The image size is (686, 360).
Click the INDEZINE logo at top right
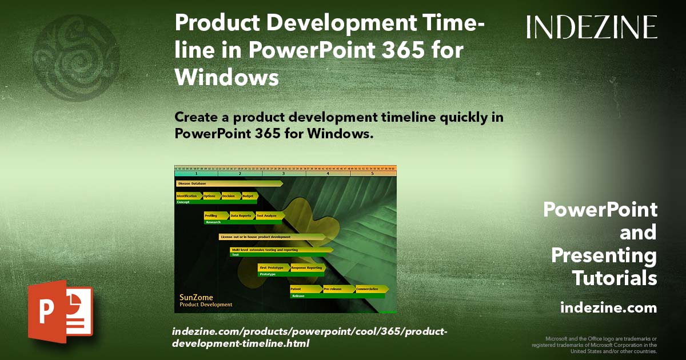[x=592, y=27]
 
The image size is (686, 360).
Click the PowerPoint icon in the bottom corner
[x=60, y=312]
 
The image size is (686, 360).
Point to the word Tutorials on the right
[x=615, y=278]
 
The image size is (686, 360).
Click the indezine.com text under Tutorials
[x=608, y=308]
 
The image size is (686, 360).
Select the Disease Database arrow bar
[x=229, y=183]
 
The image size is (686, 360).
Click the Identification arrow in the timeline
[x=188, y=196]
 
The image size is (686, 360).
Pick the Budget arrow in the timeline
[x=249, y=196]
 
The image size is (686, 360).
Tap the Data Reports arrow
[x=241, y=215]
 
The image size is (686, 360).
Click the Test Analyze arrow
[x=268, y=215]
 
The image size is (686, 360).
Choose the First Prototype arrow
[x=273, y=267]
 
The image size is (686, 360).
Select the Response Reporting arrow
[x=308, y=267]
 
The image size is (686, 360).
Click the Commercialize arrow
[x=371, y=289]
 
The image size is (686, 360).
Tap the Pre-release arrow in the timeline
[x=338, y=289]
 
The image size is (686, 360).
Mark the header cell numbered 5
[x=372, y=173]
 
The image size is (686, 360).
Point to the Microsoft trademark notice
[x=594, y=345]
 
